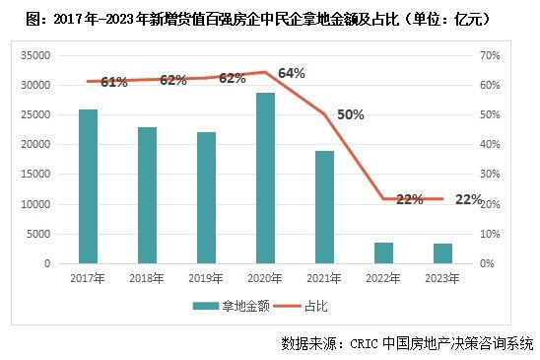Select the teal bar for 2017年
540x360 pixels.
tap(88, 186)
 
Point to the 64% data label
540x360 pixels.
tap(292, 73)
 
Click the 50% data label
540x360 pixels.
tap(350, 114)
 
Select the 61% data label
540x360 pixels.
tap(114, 82)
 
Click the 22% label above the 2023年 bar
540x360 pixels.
tap(469, 199)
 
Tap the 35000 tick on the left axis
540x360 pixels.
tap(34, 55)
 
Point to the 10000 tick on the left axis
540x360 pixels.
tap(34, 204)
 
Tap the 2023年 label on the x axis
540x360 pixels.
tap(440, 279)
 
